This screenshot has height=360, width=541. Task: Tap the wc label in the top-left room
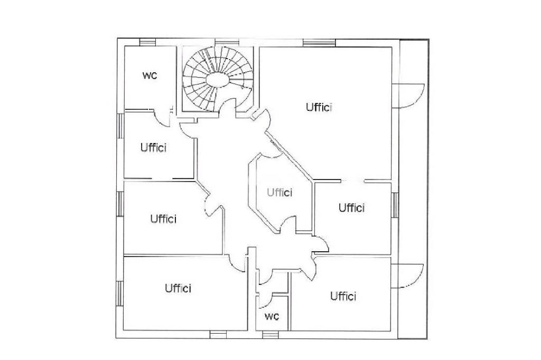click(150, 75)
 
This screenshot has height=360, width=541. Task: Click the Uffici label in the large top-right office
click(319, 107)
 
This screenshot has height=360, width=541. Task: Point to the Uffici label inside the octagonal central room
click(279, 192)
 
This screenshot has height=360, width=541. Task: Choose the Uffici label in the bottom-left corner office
click(178, 288)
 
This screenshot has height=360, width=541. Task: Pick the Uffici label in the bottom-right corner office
click(343, 296)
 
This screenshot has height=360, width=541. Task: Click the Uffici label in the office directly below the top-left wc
click(153, 147)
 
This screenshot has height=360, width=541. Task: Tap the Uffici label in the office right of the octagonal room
click(351, 207)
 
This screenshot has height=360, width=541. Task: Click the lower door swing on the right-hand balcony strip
click(412, 275)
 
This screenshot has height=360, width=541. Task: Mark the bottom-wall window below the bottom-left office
click(218, 334)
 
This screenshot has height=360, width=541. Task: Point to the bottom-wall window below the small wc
click(269, 334)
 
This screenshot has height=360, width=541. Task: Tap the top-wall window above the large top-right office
click(319, 42)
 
